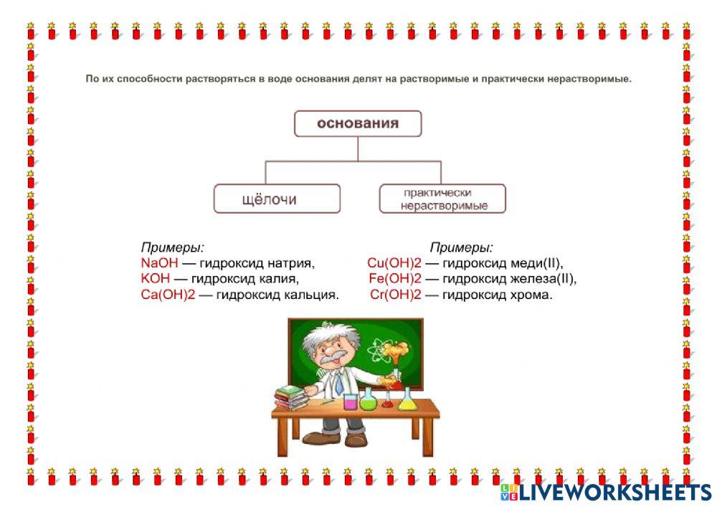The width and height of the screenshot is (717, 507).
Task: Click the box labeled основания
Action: [358, 123]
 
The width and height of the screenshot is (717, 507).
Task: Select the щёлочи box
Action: [277, 199]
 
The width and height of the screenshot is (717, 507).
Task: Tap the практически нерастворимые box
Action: [442, 199]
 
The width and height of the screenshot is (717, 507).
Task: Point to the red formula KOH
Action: [156, 278]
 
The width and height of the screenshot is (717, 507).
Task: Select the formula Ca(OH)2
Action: [168, 294]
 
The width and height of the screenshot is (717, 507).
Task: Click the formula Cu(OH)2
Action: [394, 263]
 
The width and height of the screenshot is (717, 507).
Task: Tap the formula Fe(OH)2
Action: [395, 278]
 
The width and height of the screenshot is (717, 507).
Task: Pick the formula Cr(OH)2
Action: [396, 294]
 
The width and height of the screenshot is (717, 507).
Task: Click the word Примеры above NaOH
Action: [172, 247]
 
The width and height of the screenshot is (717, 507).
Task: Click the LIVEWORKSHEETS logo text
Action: [615, 492]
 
